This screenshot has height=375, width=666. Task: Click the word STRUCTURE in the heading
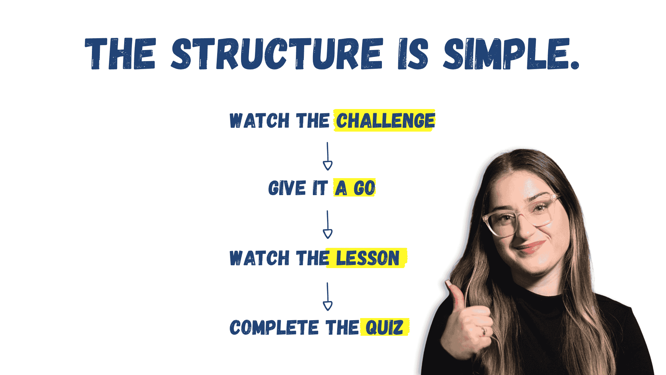277,54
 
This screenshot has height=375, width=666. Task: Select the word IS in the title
413,54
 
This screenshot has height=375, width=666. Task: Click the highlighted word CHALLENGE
385,121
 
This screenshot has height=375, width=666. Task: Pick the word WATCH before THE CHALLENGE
259,121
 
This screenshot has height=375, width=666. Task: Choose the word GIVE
287,188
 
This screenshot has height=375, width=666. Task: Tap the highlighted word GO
364,188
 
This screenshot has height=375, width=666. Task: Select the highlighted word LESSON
368,258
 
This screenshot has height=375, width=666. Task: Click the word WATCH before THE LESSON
259,258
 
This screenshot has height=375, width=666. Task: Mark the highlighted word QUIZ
384,327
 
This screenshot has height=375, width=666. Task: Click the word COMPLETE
274,327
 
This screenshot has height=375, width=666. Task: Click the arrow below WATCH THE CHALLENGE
327,156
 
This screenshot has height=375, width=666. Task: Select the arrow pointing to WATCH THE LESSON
327,224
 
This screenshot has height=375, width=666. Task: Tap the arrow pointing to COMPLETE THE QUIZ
327,296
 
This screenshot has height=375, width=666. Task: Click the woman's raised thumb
455,293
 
